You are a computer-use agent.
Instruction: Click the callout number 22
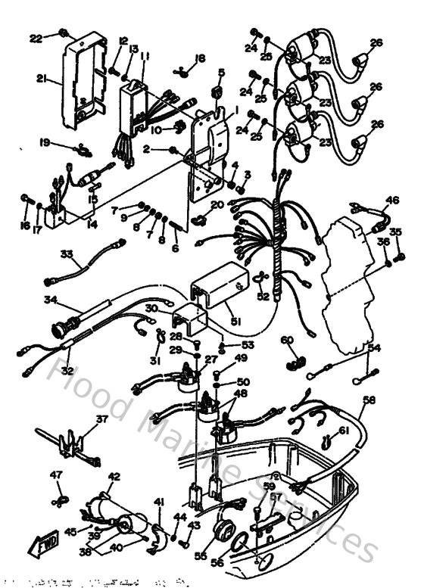point(36,37)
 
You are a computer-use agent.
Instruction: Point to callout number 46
point(391,201)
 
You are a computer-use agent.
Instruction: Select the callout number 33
point(67,253)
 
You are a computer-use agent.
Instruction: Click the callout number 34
point(51,300)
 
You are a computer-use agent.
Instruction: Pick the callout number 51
point(235,321)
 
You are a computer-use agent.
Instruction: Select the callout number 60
point(287,341)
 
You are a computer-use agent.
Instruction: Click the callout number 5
point(222,72)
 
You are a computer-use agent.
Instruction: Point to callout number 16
point(25,226)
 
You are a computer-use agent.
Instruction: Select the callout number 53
point(226,344)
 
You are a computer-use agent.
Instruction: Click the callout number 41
point(160,502)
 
